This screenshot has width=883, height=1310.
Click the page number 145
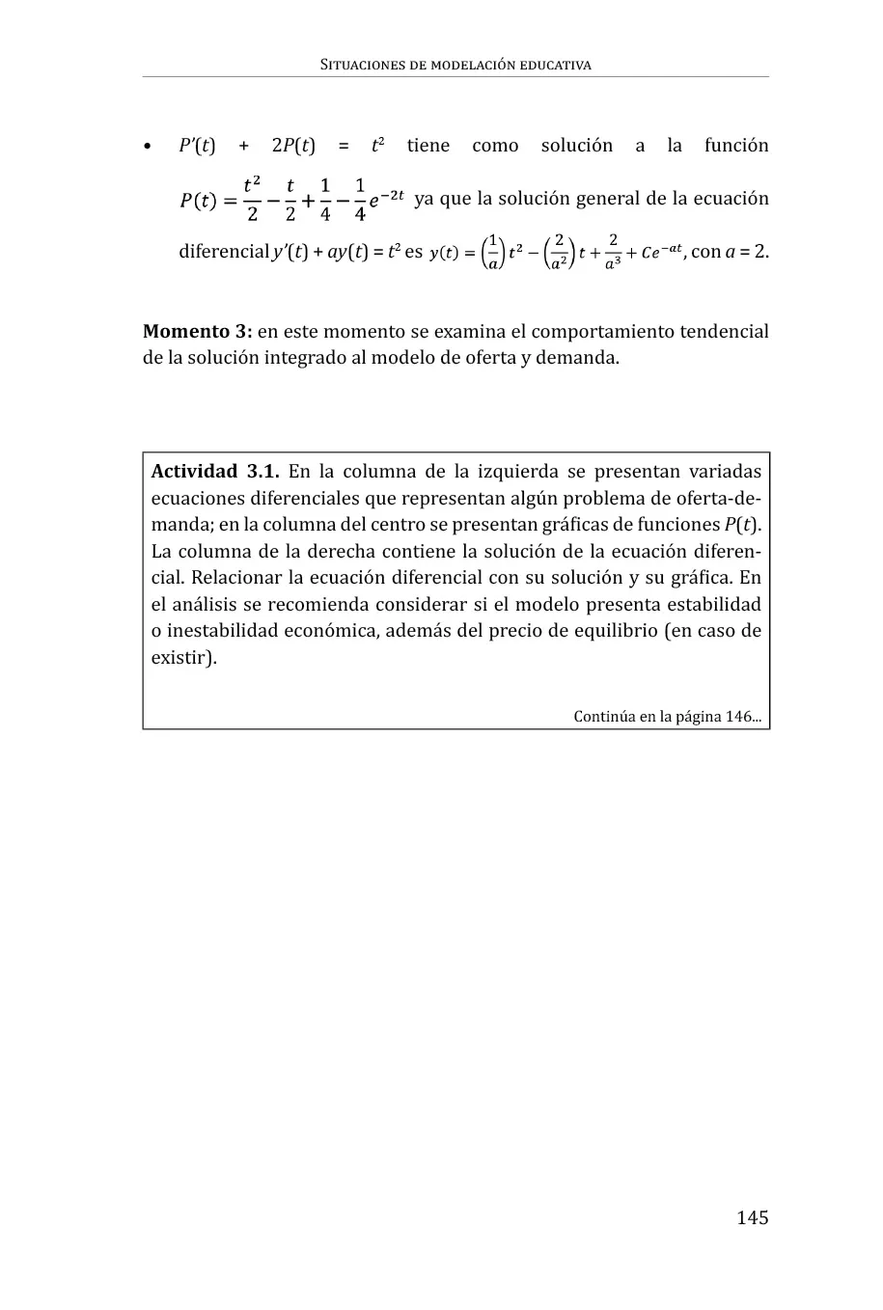pos(752,1217)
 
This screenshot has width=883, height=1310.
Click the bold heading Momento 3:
pos(197,332)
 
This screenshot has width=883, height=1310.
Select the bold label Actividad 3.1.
pos(215,472)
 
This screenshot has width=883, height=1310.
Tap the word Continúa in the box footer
pos(604,717)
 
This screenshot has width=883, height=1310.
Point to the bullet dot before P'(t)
pos(148,148)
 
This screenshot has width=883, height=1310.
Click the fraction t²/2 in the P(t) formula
pos(252,198)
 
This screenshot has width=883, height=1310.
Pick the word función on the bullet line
pos(736,146)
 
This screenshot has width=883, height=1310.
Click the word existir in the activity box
pos(179,659)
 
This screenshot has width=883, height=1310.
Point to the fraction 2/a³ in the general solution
pos(613,252)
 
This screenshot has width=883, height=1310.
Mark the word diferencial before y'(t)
pos(224,252)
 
